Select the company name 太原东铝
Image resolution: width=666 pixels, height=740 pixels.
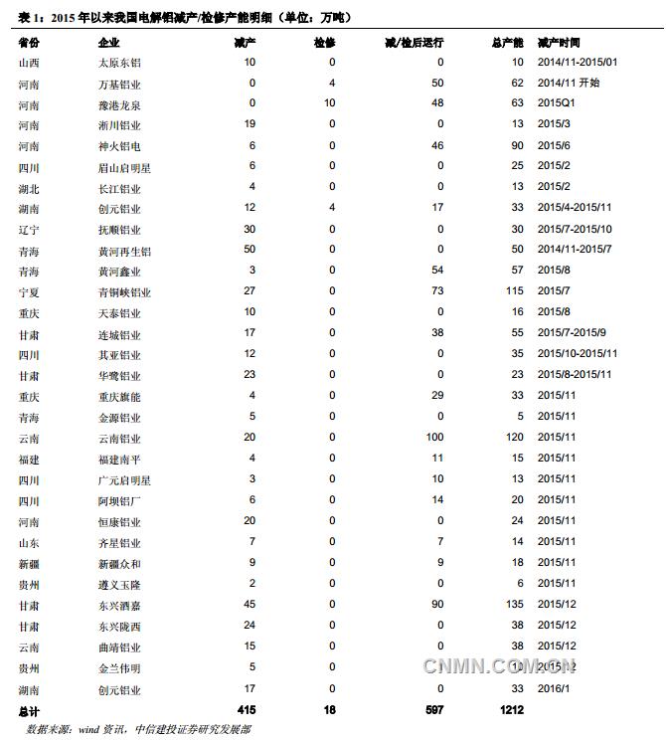click(119, 63)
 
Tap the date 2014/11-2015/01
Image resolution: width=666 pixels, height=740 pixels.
click(577, 63)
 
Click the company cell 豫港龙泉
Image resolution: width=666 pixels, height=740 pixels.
click(119, 104)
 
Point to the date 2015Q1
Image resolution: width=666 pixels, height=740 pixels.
click(557, 104)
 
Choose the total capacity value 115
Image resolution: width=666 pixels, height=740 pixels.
click(513, 292)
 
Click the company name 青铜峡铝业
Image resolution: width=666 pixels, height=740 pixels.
click(124, 292)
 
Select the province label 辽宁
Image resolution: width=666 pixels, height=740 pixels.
click(29, 230)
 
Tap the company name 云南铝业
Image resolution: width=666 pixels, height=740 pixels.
click(119, 439)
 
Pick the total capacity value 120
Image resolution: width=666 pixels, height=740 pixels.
click(513, 439)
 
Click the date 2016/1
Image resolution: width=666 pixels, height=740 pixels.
click(554, 689)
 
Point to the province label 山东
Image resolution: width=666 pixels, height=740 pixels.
click(29, 543)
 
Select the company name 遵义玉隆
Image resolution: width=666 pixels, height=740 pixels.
click(119, 585)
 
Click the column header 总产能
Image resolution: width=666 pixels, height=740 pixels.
click(507, 45)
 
